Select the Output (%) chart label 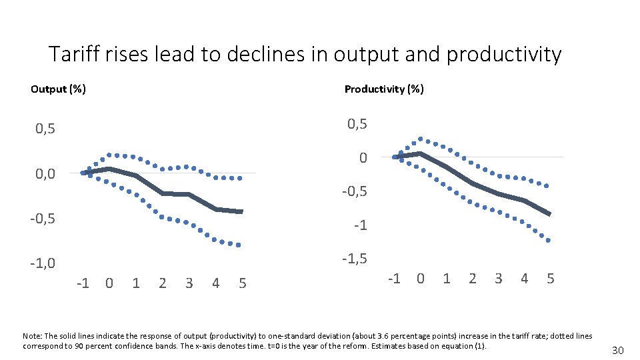coord(58,89)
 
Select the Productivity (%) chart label coord(384,89)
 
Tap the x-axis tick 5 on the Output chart coord(242,283)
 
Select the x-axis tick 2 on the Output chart coord(163,283)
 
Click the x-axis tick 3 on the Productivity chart coord(498,278)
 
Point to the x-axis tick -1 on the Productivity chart coord(394,278)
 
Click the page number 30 coord(618,351)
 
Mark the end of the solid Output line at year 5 coord(241,211)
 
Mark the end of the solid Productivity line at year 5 coord(549,214)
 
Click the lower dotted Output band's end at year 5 coord(239,245)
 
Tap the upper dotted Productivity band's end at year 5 coord(547,186)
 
